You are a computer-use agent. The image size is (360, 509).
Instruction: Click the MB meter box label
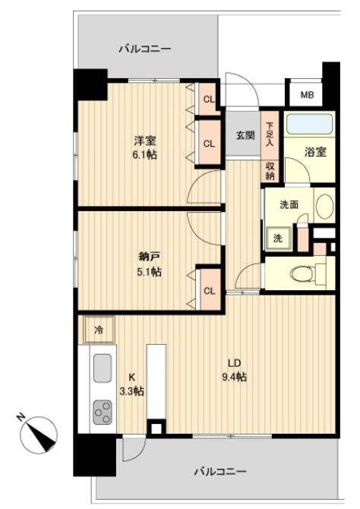pyautogui.click(x=307, y=95)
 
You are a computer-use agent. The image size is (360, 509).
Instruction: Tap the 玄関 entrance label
pyautogui.click(x=245, y=135)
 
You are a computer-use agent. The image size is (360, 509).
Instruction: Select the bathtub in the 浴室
pyautogui.click(x=310, y=123)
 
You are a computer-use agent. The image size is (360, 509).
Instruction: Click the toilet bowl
pyautogui.click(x=301, y=273)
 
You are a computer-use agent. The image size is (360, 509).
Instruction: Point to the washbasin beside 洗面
pyautogui.click(x=324, y=207)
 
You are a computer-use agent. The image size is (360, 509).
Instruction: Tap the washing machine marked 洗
pyautogui.click(x=277, y=239)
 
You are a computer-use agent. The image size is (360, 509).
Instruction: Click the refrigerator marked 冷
pyautogui.click(x=99, y=330)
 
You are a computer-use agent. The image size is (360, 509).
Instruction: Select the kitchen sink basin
pyautogui.click(x=103, y=368)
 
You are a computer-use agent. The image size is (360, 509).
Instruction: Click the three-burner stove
pyautogui.click(x=103, y=412)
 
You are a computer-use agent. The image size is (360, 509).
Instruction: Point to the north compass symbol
pyautogui.click(x=38, y=434)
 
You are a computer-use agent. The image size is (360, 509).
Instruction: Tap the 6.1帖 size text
pyautogui.click(x=145, y=154)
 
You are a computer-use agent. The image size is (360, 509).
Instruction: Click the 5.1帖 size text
pyautogui.click(x=149, y=271)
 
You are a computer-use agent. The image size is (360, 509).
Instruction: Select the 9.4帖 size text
pyautogui.click(x=235, y=377)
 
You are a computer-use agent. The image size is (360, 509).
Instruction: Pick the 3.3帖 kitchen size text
pyautogui.click(x=132, y=391)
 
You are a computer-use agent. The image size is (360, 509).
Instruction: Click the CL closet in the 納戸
pyautogui.click(x=210, y=289)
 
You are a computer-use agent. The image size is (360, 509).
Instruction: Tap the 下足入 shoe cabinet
pyautogui.click(x=270, y=134)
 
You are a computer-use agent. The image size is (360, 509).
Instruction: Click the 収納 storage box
pyautogui.click(x=270, y=171)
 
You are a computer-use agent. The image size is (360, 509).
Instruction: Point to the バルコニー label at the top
pyautogui.click(x=145, y=49)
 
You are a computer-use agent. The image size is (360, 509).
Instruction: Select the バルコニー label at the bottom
pyautogui.click(x=221, y=471)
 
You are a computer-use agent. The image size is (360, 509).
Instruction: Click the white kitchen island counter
pyautogui.click(x=156, y=381)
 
